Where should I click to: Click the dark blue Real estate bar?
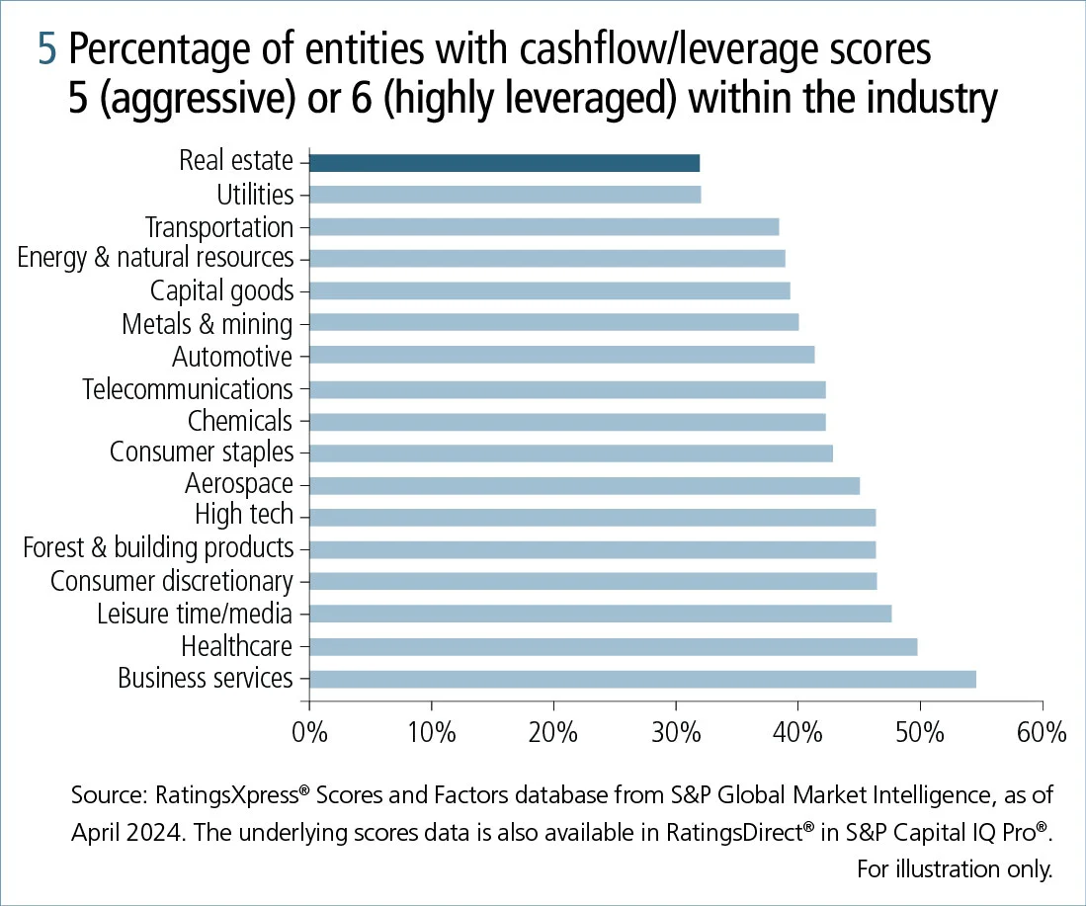tap(504, 163)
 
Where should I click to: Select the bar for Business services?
tap(642, 679)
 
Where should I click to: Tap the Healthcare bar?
tap(613, 647)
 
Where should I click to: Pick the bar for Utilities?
tap(504, 195)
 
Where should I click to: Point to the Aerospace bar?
tap(584, 485)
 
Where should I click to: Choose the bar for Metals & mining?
tap(553, 323)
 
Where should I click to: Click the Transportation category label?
tap(218, 227)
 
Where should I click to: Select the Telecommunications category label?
tap(188, 388)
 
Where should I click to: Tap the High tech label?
tap(244, 515)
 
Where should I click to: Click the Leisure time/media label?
tap(195, 614)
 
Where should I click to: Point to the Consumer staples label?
tap(202, 453)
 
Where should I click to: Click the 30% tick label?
tap(676, 733)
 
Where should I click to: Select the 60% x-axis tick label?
tap(1042, 733)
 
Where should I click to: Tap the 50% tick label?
tap(920, 733)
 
